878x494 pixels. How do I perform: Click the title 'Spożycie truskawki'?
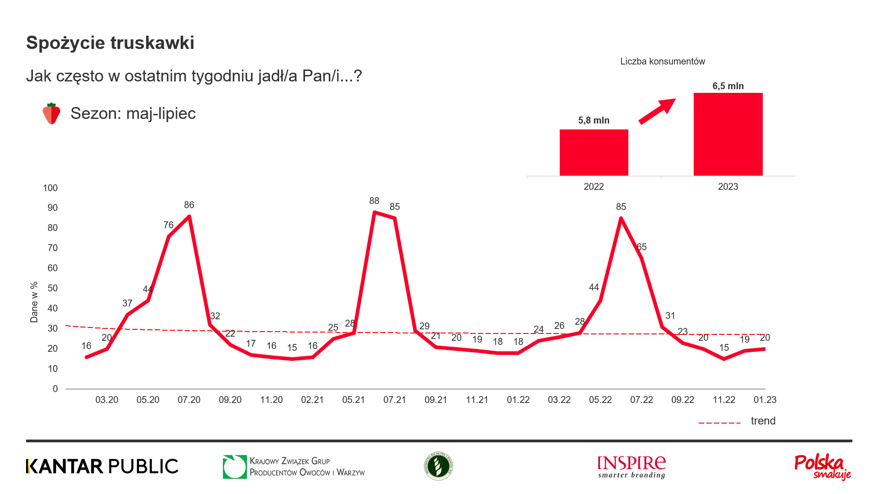point(110,43)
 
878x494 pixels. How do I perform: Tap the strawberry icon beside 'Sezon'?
point(52,113)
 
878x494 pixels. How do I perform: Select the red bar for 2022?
point(594,153)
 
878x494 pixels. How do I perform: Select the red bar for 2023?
point(728,134)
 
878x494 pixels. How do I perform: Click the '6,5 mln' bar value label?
point(728,86)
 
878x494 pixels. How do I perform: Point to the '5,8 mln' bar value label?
point(594,120)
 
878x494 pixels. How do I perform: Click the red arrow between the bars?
point(657,111)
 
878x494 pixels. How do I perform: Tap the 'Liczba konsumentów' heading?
point(663,61)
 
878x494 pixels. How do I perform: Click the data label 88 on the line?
point(374,201)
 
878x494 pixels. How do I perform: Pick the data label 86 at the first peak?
point(189,205)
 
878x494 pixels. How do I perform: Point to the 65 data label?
point(642,247)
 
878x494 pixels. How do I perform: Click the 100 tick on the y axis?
point(50,188)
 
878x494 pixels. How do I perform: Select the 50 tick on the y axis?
point(53,288)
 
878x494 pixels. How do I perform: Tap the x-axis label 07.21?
point(395,400)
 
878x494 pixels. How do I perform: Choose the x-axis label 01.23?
point(765,400)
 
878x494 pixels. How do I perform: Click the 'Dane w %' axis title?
point(34,302)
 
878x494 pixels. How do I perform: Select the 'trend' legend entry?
point(763,421)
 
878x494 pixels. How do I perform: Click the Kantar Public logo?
point(102,467)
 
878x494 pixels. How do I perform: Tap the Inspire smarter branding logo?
point(632,467)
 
